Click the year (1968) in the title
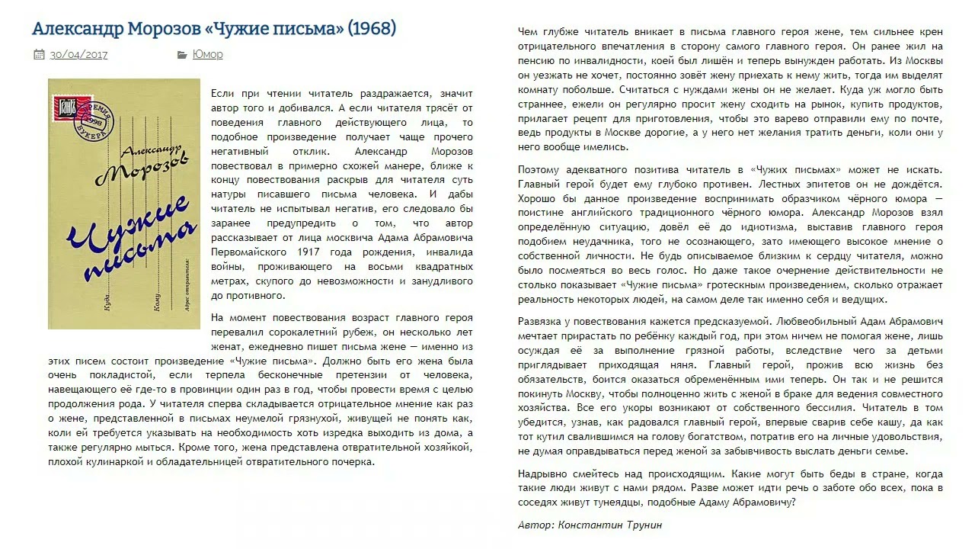point(372,29)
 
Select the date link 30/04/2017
point(79,54)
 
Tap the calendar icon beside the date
point(39,54)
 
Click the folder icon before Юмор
point(182,54)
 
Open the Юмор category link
point(208,54)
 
